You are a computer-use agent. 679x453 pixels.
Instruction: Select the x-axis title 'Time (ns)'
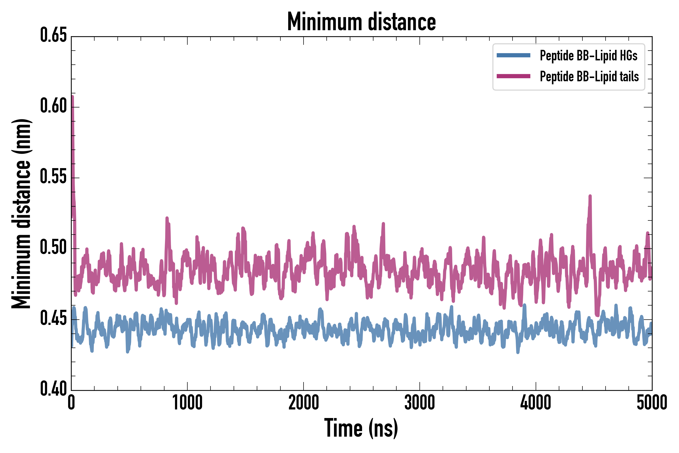tap(361, 428)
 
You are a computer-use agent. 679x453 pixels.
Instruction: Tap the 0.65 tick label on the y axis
tap(53, 35)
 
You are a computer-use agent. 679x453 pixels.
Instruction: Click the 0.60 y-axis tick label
tap(53, 106)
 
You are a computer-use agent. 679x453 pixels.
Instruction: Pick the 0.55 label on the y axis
tap(53, 177)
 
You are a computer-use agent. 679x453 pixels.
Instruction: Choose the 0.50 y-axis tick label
tap(53, 248)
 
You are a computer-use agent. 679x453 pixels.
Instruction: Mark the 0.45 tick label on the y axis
tap(53, 318)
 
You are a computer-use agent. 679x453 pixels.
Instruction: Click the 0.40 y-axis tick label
tap(53, 389)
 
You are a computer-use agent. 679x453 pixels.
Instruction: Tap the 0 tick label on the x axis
tap(71, 403)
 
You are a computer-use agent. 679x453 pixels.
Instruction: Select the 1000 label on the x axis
tap(187, 403)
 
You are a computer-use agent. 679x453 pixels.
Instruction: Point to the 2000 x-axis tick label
tap(304, 403)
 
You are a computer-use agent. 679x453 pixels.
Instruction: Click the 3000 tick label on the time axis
tap(419, 403)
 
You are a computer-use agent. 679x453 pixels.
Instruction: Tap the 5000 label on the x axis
tap(652, 403)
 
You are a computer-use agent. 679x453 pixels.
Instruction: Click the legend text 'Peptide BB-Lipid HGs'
tap(588, 55)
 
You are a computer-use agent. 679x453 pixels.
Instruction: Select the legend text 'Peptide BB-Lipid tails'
tap(589, 77)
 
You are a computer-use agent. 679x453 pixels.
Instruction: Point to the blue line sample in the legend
tap(513, 55)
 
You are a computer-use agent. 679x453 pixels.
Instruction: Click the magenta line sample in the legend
tap(513, 76)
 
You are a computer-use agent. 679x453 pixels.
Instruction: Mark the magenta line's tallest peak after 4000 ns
tap(590, 197)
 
